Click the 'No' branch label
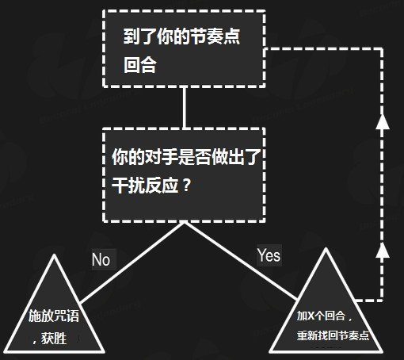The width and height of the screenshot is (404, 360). tap(101, 259)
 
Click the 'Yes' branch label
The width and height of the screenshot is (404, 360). tap(269, 255)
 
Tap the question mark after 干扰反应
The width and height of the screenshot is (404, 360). tap(187, 185)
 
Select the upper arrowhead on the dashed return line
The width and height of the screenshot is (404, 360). tap(383, 121)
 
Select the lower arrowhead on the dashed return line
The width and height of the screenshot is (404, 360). tap(383, 250)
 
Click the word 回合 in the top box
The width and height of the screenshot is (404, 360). tap(140, 65)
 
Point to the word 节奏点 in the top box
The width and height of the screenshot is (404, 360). tap(215, 36)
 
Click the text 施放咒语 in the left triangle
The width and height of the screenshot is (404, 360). tap(54, 316)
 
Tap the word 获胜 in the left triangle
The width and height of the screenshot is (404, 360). tap(54, 339)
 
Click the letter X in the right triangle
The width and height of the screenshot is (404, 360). tap(311, 316)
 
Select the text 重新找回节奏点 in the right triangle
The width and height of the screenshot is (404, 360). tap(333, 335)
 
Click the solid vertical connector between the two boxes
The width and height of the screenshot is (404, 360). tap(185, 108)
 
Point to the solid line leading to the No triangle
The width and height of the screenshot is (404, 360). tap(132, 263)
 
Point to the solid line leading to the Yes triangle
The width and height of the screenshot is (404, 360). tap(241, 261)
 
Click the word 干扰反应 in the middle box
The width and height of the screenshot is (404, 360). tap(145, 185)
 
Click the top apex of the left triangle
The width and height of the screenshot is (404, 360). tap(54, 255)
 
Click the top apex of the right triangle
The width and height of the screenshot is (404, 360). tap(326, 248)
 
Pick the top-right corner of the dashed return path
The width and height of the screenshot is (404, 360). tap(382, 49)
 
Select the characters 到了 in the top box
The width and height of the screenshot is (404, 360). tap(140, 36)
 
